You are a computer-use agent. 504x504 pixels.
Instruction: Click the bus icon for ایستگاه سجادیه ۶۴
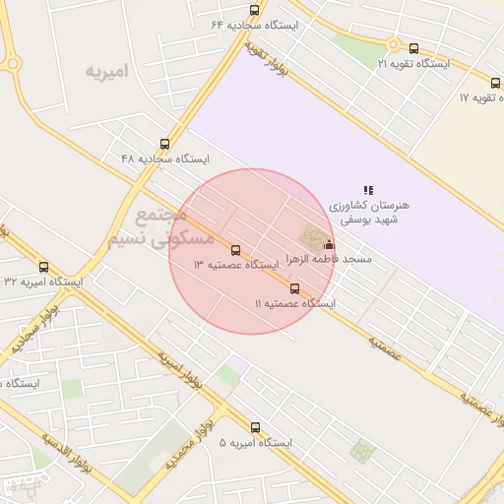click(255, 11)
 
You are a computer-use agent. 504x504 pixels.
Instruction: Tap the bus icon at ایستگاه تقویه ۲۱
click(413, 48)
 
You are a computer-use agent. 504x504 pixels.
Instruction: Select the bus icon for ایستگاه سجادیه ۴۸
click(164, 144)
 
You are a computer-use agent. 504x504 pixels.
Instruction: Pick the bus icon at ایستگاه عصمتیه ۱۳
click(235, 250)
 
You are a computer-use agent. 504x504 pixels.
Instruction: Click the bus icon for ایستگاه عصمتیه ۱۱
click(295, 288)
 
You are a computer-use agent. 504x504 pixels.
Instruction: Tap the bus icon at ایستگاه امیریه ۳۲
click(43, 266)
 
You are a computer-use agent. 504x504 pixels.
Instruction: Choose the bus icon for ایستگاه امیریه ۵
click(256, 428)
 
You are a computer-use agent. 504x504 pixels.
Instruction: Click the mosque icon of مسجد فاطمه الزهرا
click(329, 245)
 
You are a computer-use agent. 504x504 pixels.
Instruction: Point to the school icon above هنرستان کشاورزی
click(368, 190)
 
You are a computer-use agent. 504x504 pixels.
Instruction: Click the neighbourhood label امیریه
click(107, 73)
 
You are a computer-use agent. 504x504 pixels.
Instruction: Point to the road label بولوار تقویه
click(260, 54)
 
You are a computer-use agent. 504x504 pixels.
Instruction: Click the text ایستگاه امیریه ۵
click(256, 443)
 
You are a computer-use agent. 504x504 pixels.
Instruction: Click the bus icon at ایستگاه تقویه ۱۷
click(496, 83)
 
